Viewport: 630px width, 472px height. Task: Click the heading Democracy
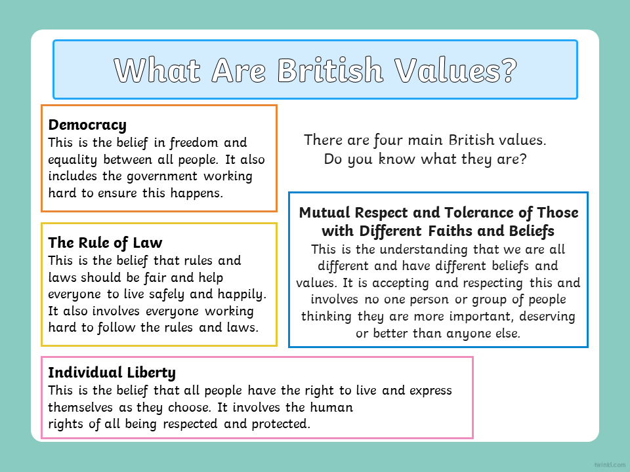[87, 125]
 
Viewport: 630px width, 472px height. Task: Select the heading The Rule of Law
[105, 243]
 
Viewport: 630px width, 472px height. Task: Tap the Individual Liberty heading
[112, 373]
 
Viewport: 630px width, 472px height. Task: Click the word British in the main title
[330, 70]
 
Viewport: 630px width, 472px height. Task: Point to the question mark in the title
[508, 70]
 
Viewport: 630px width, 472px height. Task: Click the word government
[162, 176]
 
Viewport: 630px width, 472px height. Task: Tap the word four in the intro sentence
[388, 140]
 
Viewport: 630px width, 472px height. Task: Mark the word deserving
[547, 317]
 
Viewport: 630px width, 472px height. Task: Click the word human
[331, 407]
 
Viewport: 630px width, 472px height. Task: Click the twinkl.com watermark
[610, 465]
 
